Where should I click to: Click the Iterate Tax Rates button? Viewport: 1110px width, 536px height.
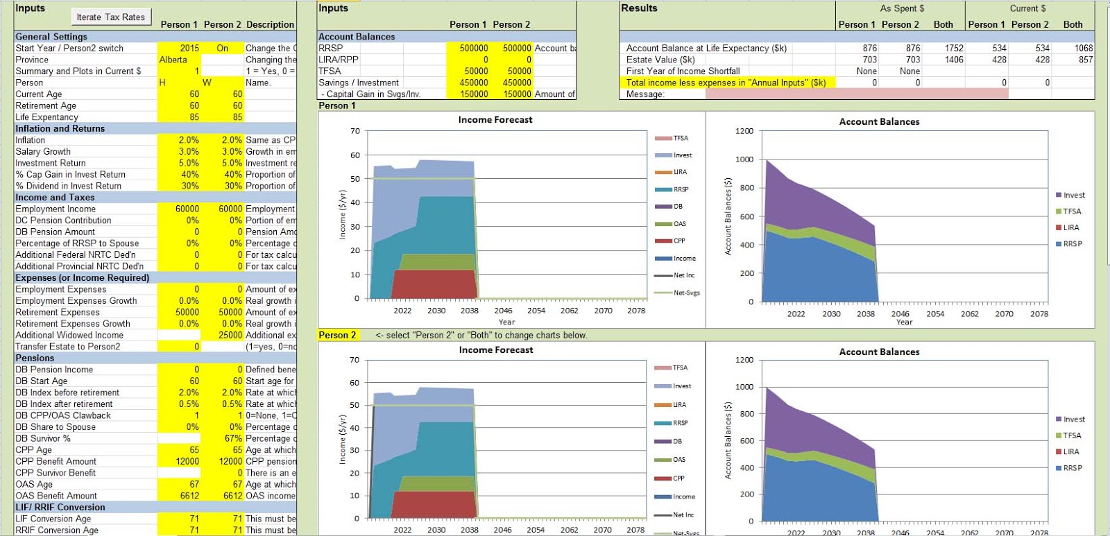click(x=111, y=17)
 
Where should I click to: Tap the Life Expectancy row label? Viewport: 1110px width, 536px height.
click(x=47, y=117)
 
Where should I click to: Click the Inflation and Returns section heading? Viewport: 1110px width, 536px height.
click(x=60, y=128)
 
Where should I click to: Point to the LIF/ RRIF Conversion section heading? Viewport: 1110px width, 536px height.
click(x=60, y=507)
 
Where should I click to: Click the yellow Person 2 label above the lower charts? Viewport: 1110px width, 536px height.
click(x=337, y=335)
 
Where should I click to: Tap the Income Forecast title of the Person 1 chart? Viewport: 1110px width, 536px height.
click(x=495, y=120)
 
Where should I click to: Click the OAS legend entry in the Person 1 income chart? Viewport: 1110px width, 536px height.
click(x=678, y=223)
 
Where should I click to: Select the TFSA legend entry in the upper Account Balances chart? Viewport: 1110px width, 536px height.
click(x=1072, y=211)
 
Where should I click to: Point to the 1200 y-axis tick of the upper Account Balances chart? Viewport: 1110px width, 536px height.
click(x=744, y=131)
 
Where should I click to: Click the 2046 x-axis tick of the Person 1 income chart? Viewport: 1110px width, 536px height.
click(x=503, y=311)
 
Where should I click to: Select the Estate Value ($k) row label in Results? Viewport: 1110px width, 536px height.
click(x=660, y=60)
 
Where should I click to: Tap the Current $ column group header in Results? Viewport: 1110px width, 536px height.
click(x=1028, y=8)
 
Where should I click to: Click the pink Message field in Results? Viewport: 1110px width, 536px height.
click(x=856, y=94)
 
